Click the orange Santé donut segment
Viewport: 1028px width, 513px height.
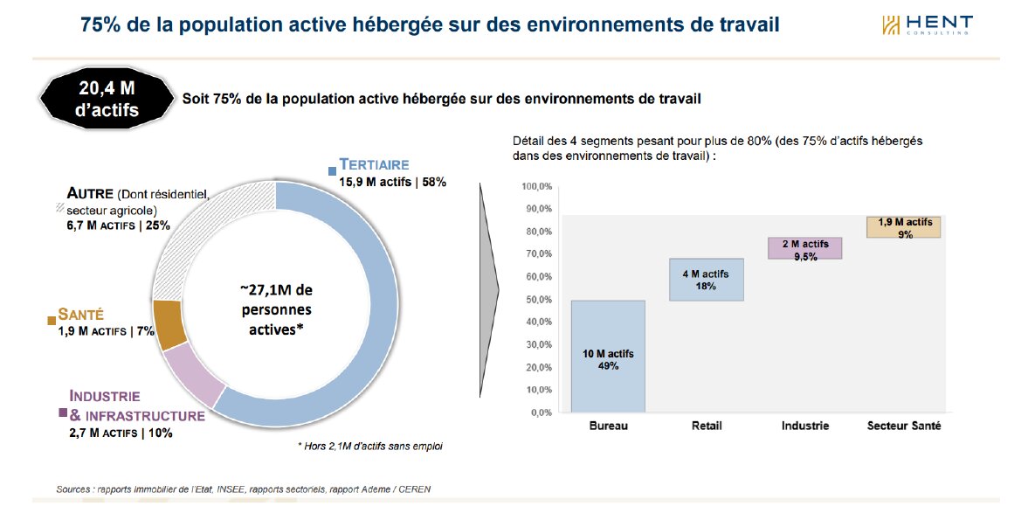[x=169, y=323]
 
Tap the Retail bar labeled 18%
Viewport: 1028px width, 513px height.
[x=707, y=280]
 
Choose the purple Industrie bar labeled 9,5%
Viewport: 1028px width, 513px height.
[x=804, y=248]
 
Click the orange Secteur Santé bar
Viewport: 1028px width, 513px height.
[x=903, y=226]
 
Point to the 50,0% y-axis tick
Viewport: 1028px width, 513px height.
[x=536, y=300]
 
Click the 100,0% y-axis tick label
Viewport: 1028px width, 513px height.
[x=535, y=187]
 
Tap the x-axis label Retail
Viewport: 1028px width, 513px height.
[x=706, y=426]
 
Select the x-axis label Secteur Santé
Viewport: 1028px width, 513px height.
[x=904, y=426]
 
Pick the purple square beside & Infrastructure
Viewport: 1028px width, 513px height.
[x=63, y=412]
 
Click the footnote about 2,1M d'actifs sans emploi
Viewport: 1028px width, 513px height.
[x=370, y=447]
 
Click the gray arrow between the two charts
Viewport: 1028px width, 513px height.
[x=488, y=288]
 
